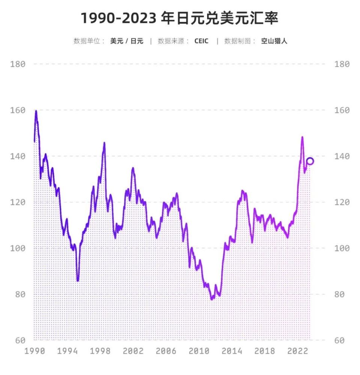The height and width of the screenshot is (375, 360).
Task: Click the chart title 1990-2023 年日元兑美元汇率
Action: click(x=180, y=18)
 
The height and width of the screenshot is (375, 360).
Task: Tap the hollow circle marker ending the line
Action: click(x=310, y=161)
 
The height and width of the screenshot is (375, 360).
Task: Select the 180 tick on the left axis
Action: click(x=18, y=64)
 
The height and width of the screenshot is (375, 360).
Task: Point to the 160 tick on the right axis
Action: click(x=342, y=110)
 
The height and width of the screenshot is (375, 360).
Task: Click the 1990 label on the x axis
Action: click(x=34, y=351)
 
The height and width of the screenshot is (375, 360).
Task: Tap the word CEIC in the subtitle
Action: click(x=201, y=41)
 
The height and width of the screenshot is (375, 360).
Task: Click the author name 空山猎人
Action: click(x=274, y=41)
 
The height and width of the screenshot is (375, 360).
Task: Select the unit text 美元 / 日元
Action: click(x=127, y=41)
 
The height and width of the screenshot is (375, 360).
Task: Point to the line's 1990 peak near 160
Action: click(x=36, y=111)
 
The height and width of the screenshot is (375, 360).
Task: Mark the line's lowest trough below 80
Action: click(x=212, y=299)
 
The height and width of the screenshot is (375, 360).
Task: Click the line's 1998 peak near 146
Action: click(x=104, y=143)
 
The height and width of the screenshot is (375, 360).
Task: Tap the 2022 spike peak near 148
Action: click(x=302, y=137)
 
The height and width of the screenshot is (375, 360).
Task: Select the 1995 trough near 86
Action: click(x=78, y=280)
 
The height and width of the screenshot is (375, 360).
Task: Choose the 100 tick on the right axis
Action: click(x=342, y=248)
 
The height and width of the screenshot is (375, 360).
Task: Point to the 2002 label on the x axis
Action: click(x=133, y=351)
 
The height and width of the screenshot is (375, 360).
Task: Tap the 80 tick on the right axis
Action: click(x=342, y=294)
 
